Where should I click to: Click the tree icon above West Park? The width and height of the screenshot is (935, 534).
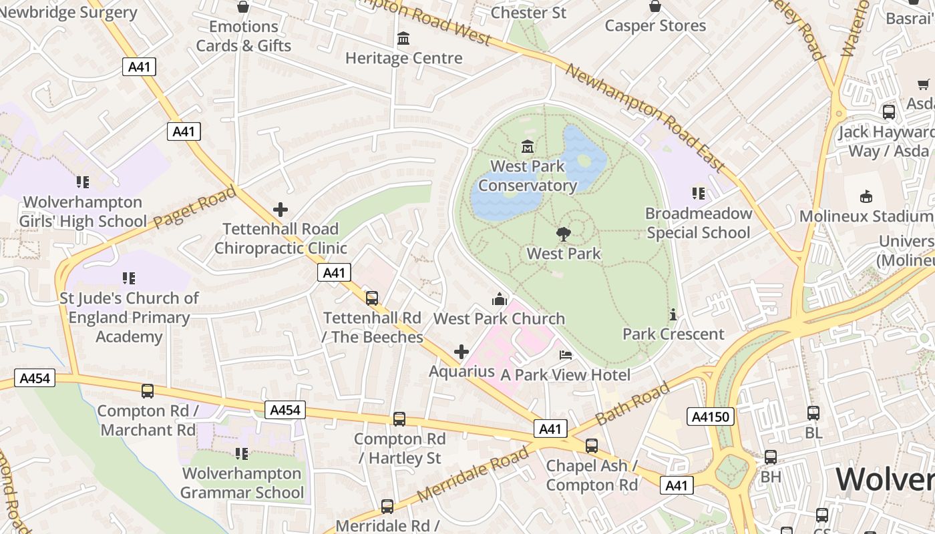click(x=563, y=234)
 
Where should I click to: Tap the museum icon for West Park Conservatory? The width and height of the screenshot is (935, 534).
click(x=528, y=146)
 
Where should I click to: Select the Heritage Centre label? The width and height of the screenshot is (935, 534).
click(x=403, y=58)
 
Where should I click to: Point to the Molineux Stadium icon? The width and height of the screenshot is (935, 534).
click(x=866, y=196)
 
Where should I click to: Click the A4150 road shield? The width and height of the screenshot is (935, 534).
click(x=711, y=417)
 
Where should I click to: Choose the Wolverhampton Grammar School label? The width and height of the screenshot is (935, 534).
click(x=242, y=483)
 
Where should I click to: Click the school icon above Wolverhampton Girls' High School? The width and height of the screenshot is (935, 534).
click(x=82, y=182)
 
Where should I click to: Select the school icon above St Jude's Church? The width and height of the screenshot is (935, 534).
click(x=129, y=278)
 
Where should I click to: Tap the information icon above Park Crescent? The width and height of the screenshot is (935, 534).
click(x=673, y=314)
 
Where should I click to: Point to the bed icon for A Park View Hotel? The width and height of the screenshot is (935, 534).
click(x=566, y=354)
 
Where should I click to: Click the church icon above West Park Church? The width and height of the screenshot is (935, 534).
click(x=499, y=298)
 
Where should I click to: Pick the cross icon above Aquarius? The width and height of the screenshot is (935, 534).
click(x=461, y=351)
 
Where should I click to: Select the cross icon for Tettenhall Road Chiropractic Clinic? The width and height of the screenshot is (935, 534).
click(x=280, y=210)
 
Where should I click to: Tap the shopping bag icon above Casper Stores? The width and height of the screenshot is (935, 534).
click(x=655, y=6)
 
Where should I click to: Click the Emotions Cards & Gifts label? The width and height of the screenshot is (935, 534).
click(x=244, y=36)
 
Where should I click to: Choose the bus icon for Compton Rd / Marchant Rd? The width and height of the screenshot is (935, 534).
click(x=148, y=391)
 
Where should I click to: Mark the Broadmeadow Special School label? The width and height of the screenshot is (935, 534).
click(x=699, y=223)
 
